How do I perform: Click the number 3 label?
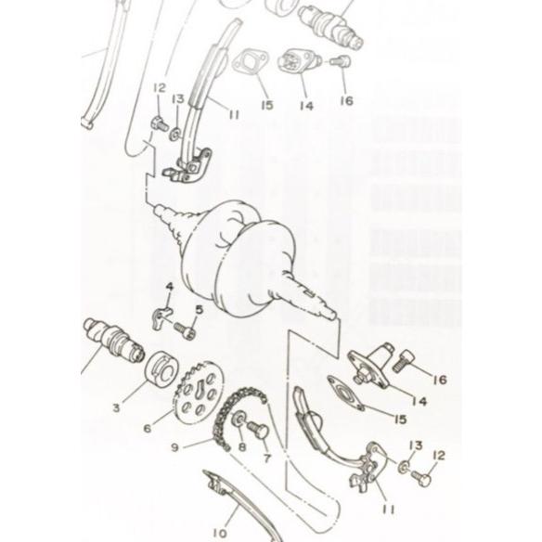point(116,407)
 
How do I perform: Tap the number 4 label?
point(169,287)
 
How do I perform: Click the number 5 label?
point(200,310)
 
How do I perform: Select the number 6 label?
point(148,429)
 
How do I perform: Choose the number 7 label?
point(267,458)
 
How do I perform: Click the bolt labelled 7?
point(257,431)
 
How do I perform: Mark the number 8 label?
point(242,447)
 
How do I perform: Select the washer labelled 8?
point(239,419)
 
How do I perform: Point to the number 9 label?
point(174,447)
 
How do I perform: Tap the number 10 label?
point(220,533)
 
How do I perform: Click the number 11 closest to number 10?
point(389,510)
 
